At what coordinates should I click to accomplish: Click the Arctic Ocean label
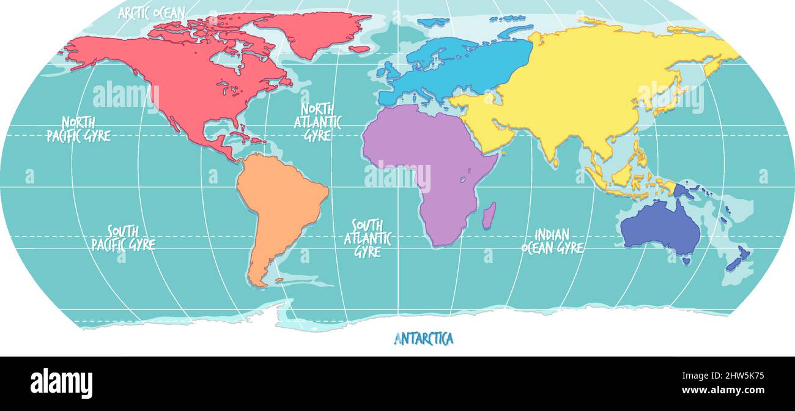pos(152,13)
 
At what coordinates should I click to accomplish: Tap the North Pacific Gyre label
pos(78,129)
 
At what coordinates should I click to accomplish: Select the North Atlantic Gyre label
pos(317,122)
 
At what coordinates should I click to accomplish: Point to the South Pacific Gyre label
pos(124,238)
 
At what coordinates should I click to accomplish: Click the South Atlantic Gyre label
pos(368,238)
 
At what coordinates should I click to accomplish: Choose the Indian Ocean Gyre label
pos(552,241)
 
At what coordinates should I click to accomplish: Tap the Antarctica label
pos(423,338)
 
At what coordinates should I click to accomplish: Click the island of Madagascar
pos(489,217)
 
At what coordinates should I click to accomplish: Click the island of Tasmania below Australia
pos(686,261)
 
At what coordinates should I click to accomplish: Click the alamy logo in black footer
pos(61,383)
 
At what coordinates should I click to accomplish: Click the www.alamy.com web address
pos(723,390)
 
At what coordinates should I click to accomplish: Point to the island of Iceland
pos(359,49)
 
